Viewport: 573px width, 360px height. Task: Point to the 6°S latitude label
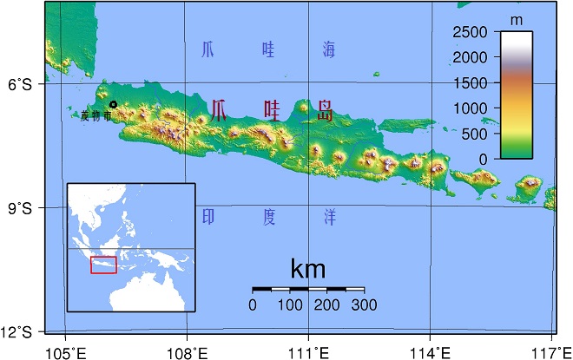click(x=20, y=85)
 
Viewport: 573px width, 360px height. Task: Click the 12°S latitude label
click(x=16, y=332)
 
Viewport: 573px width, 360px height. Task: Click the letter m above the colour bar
click(x=517, y=19)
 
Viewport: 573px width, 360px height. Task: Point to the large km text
click(x=308, y=269)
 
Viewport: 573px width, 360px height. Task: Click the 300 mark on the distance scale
click(x=365, y=305)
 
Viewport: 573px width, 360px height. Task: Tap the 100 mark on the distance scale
click(x=290, y=305)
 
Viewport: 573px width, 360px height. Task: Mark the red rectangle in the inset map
click(x=103, y=265)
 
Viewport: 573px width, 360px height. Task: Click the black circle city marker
click(x=113, y=105)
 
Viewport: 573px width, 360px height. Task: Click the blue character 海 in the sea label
click(x=328, y=49)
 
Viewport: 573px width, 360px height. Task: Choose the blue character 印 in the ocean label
click(x=207, y=216)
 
